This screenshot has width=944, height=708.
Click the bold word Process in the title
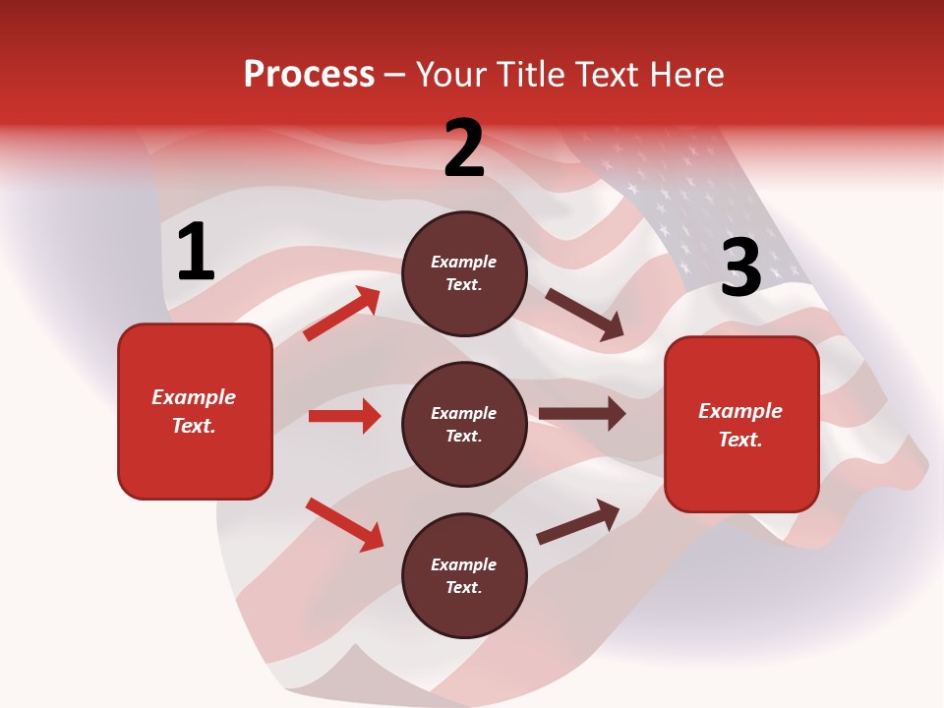[x=309, y=75]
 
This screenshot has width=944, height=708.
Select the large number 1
[x=196, y=253]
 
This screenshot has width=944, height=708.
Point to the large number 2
[x=464, y=147]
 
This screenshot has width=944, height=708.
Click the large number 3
[x=740, y=267]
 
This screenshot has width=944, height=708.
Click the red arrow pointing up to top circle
[x=342, y=314]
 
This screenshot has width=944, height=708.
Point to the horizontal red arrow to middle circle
[x=344, y=416]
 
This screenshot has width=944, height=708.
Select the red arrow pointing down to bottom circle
[x=344, y=523]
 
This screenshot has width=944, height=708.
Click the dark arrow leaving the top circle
[x=584, y=315]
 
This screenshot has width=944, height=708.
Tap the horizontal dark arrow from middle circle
[x=582, y=414]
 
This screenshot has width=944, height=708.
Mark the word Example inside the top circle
[x=464, y=262]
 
